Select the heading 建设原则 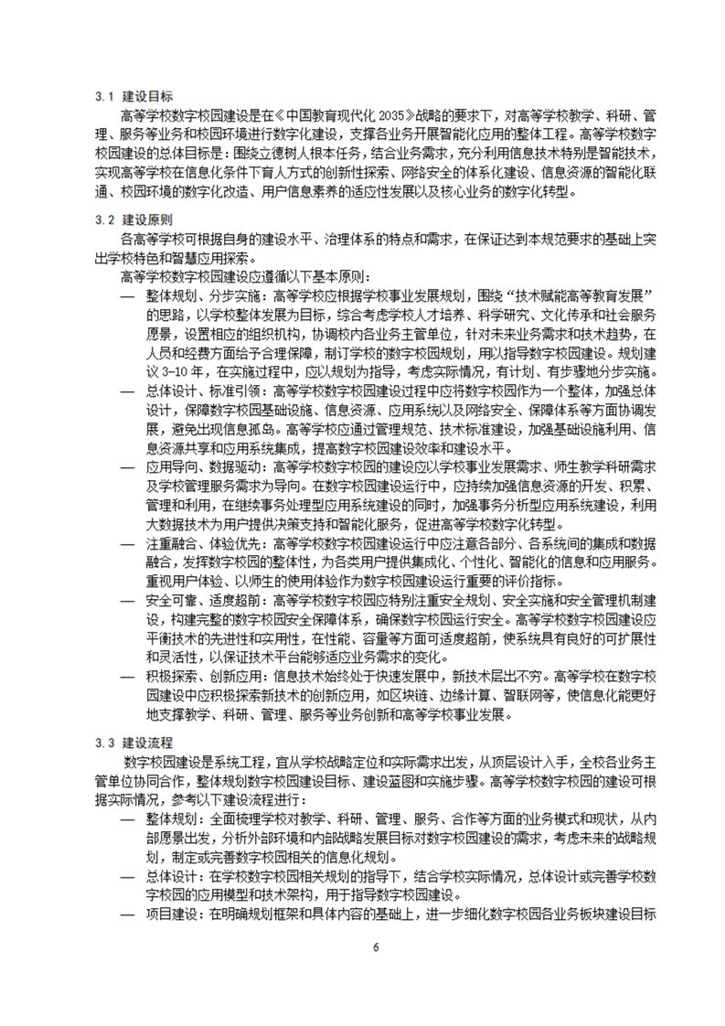(x=148, y=221)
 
